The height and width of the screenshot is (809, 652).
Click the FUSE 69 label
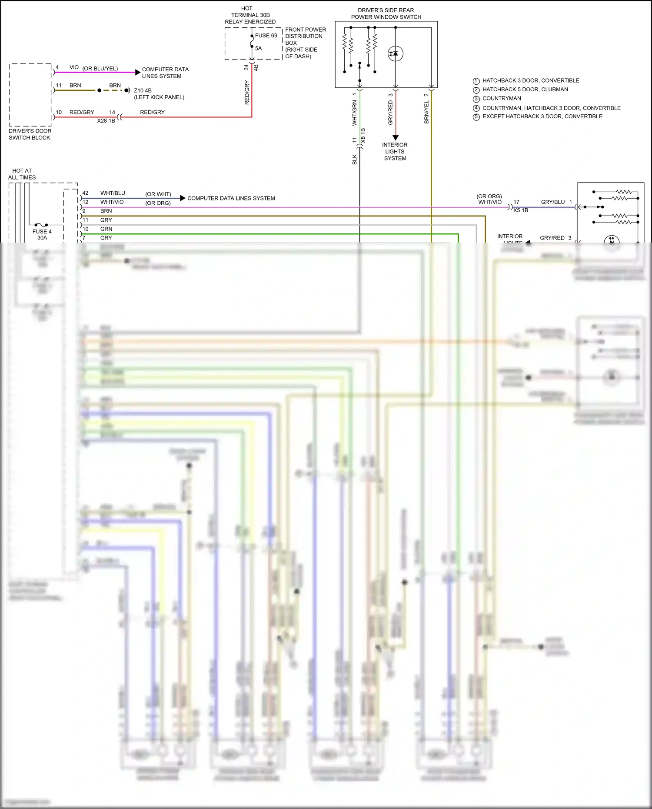[x=266, y=36]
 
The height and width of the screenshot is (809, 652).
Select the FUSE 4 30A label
[x=42, y=234]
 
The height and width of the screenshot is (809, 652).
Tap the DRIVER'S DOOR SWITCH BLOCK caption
[x=30, y=134]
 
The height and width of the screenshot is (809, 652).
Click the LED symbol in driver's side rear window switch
[x=395, y=53]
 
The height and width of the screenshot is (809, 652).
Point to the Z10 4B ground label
[x=143, y=90]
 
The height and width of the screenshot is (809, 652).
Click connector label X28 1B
[x=106, y=121]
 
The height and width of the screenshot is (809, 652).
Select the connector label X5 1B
[x=521, y=210]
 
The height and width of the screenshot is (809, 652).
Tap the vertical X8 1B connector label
[x=363, y=136]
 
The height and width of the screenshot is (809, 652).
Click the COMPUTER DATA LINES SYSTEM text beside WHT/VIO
[x=231, y=198]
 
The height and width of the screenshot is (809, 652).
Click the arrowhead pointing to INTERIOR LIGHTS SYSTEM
[x=395, y=137]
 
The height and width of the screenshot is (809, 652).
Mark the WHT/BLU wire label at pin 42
[x=113, y=193]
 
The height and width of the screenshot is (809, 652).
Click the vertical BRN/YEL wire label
[x=426, y=112]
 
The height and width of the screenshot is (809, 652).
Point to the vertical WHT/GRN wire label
[x=354, y=113]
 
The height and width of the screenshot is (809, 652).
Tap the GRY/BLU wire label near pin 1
[x=552, y=202]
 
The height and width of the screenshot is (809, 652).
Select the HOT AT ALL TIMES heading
[x=22, y=174]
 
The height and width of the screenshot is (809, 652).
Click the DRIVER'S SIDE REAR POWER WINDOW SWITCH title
[x=386, y=13]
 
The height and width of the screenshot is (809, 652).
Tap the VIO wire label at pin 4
[x=74, y=67]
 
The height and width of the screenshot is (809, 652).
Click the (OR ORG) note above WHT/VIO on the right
[x=489, y=196]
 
